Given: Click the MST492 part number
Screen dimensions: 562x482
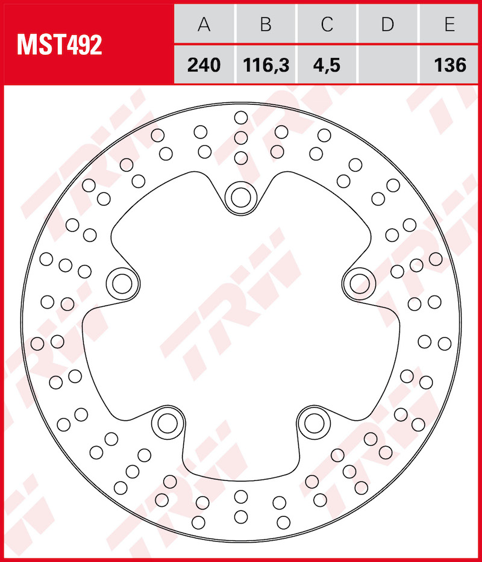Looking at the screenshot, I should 59,45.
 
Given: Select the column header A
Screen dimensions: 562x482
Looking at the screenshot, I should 204,25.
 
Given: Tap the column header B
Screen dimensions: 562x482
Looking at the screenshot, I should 265,25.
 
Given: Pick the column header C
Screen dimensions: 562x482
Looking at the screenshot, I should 327,25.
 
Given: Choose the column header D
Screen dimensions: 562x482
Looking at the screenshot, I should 387,25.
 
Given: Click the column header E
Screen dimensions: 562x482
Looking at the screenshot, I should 449,25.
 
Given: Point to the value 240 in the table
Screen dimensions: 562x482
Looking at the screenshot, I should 204,64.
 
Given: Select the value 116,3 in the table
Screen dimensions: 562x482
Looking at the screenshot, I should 265,64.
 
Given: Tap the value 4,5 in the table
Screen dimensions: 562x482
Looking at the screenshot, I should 327,64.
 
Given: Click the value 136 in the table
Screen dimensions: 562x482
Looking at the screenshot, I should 449,64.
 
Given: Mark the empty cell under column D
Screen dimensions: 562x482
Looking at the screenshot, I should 387,64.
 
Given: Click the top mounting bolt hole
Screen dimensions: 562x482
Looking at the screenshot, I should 241,196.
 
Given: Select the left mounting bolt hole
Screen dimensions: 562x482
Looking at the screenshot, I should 122,282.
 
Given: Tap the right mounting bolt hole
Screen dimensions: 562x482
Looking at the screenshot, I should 360,282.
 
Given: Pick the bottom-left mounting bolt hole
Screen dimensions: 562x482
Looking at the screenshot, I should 166,423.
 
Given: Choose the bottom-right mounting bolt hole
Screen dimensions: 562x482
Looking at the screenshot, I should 314,423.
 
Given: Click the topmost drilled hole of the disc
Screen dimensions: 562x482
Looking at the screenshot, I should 241,117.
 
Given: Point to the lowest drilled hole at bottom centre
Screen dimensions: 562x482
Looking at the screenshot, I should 241,516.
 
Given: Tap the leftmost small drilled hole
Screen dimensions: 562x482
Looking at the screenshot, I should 37,344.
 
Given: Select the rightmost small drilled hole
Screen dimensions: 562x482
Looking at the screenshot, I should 445,343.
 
